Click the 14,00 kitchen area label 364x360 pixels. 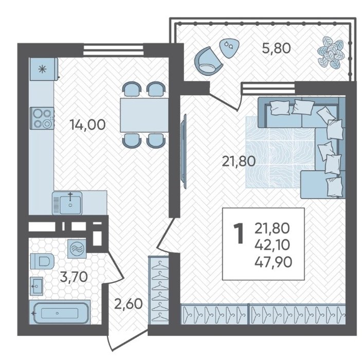pos(88,125)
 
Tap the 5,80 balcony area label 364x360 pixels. pos(276,48)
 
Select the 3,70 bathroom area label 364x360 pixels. pos(74,277)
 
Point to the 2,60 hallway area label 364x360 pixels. pos(129,303)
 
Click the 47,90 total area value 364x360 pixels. pos(273,262)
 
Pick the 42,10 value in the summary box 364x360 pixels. pos(272,245)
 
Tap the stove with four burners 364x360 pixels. pos(42,118)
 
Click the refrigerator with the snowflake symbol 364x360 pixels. pos(44,69)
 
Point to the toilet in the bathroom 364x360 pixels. pos(42,261)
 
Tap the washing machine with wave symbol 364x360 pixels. pos(77,249)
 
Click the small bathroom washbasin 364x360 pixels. pos(37,286)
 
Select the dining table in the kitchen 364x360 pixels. pos(144,115)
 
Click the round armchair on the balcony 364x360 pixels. pos(208,61)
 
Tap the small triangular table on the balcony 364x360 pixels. pos(228,48)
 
